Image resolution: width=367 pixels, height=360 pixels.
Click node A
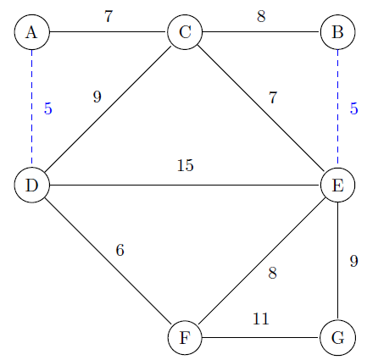(x=32, y=32)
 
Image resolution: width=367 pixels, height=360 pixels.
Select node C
(x=185, y=32)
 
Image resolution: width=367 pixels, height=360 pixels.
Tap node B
(x=338, y=32)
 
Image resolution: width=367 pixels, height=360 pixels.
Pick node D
(x=32, y=186)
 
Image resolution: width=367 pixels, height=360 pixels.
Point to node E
(x=338, y=186)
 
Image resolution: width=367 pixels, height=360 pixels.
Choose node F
(x=185, y=338)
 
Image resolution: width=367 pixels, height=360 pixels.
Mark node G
(x=338, y=338)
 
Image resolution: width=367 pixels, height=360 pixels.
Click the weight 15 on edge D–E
(x=186, y=165)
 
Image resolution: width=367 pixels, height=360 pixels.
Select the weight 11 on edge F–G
(x=260, y=318)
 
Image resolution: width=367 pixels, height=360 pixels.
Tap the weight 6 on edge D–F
(x=120, y=250)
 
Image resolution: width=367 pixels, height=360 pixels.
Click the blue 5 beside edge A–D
(x=48, y=108)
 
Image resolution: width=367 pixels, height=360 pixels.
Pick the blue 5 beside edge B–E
(x=353, y=108)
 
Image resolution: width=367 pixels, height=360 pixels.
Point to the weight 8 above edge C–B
(x=261, y=16)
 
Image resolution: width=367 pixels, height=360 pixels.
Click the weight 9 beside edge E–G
(x=353, y=261)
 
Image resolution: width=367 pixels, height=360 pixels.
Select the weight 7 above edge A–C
(x=108, y=16)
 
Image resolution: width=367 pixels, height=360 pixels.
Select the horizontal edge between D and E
(x=185, y=186)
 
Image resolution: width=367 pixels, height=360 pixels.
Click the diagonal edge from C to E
(x=261, y=108)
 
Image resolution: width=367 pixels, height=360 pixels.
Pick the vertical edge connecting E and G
(x=338, y=262)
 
